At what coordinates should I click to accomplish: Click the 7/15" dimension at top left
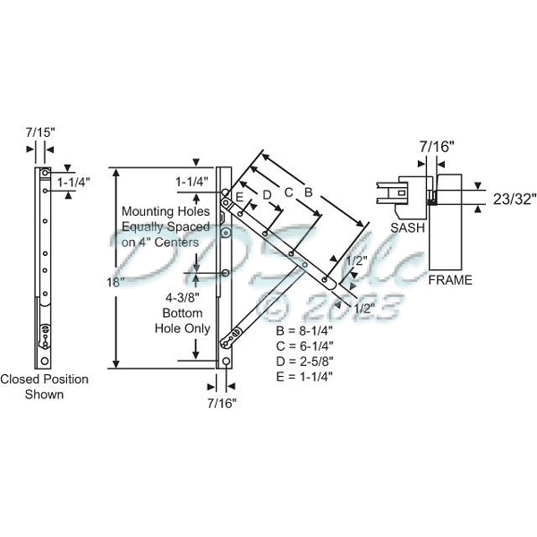[40, 132]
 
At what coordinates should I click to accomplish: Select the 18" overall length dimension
[113, 281]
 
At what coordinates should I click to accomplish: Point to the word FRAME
[450, 280]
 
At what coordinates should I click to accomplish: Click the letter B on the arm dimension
[308, 191]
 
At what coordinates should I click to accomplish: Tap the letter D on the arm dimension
[266, 193]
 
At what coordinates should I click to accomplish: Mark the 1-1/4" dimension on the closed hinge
[74, 182]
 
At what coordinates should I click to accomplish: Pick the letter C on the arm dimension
[288, 192]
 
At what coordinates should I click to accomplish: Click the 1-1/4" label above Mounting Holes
[192, 182]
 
